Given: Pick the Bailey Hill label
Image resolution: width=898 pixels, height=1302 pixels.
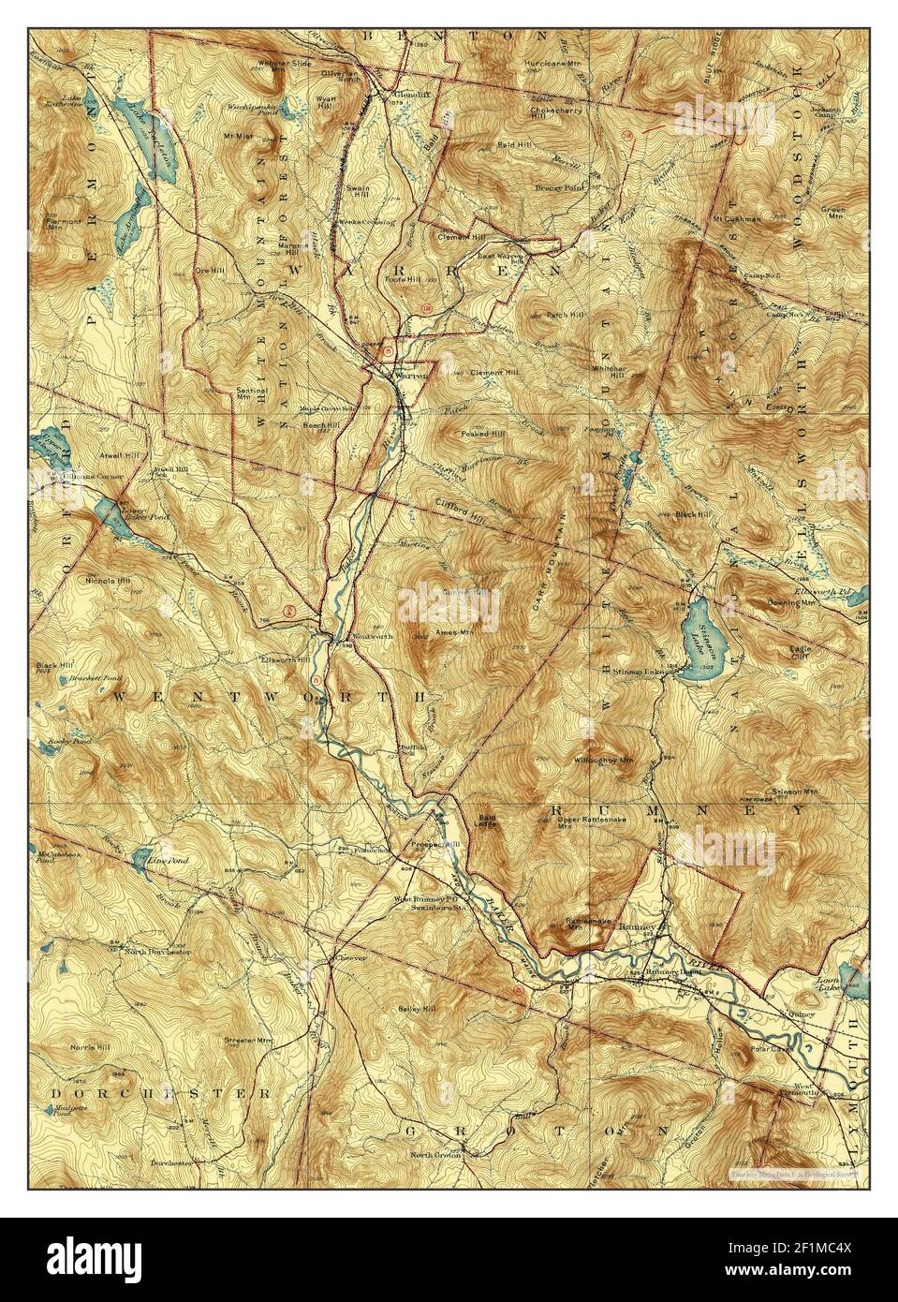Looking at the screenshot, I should click(x=418, y=1009).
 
